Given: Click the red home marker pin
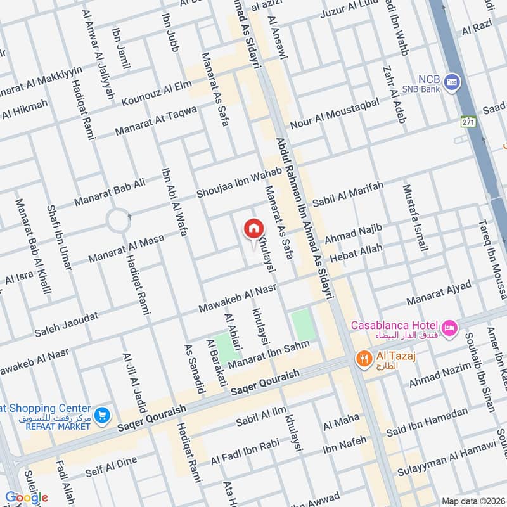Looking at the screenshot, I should (x=253, y=228).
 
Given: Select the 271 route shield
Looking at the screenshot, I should (x=468, y=121).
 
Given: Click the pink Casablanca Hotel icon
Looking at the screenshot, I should (x=449, y=327).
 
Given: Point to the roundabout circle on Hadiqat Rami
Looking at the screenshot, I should (x=119, y=220).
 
